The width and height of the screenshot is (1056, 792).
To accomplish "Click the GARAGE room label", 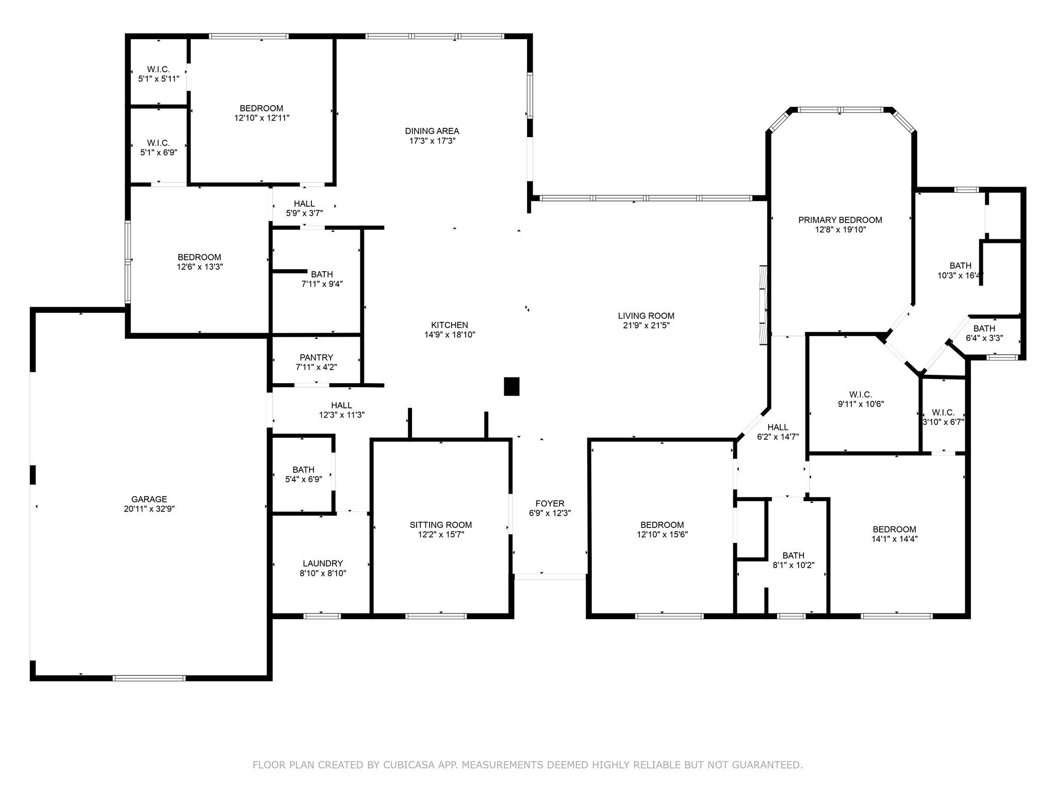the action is coord(149,499).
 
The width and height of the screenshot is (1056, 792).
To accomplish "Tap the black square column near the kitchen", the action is coord(511,386).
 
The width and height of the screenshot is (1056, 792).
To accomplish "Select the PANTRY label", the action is coord(316,357).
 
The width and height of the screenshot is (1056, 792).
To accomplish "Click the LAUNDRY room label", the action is coord(323,564).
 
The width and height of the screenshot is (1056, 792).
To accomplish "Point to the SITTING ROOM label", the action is coord(441,525).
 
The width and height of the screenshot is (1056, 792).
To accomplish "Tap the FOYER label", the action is coord(550,503).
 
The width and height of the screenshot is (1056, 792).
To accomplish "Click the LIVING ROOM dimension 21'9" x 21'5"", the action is coord(646,325).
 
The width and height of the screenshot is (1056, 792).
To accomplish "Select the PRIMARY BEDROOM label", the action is coord(840,220).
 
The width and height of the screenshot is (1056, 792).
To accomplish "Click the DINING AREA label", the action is coord(432,131).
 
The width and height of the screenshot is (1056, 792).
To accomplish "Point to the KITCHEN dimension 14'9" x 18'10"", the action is coord(450,335).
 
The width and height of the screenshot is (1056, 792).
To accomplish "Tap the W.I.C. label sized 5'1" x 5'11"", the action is coord(158,70).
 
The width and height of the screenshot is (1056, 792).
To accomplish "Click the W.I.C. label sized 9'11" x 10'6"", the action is coord(861,395).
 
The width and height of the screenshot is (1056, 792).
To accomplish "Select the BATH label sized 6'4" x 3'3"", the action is coord(984,328).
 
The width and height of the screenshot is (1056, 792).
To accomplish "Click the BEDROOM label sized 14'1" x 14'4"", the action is coord(894,530).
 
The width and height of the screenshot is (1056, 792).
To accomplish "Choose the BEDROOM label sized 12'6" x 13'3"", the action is coord(199,257).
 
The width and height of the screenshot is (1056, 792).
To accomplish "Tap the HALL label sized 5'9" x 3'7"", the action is coord(304,204).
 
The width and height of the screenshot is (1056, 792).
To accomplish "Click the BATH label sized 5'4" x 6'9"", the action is coord(303,470).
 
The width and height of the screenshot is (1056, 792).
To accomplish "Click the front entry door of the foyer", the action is coord(550,577).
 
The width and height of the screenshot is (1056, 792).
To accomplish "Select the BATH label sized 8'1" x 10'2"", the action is coord(793,555).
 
